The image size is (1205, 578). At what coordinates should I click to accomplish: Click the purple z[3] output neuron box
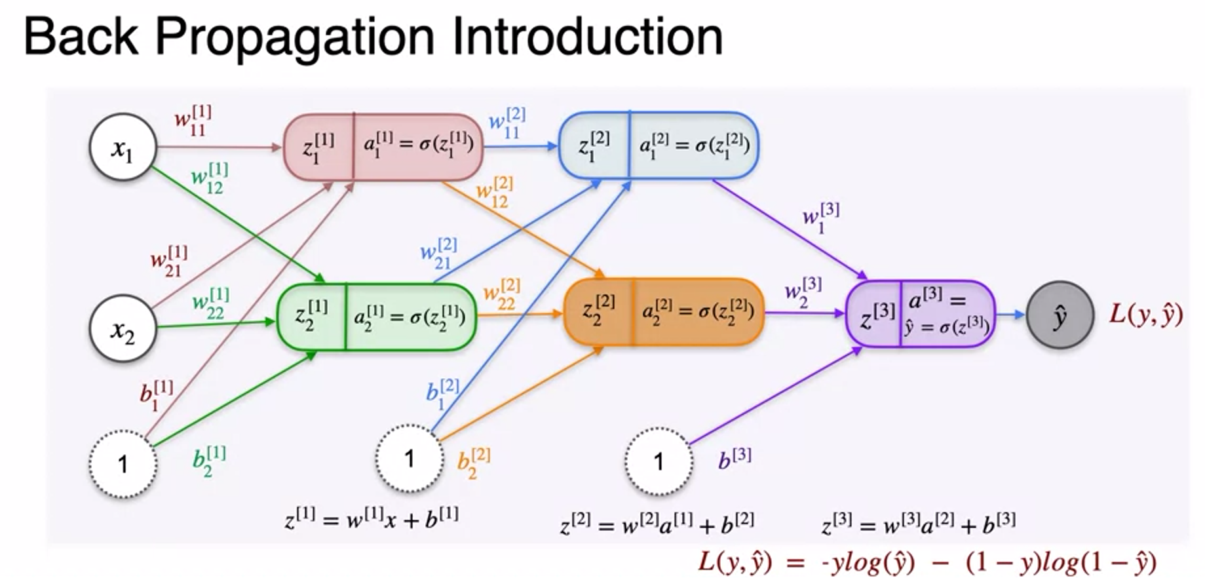pos(920,314)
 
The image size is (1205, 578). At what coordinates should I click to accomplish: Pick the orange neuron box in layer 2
pos(664,312)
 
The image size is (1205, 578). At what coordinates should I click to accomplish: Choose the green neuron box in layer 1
pos(376,317)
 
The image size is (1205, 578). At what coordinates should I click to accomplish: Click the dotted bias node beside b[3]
pos(658,461)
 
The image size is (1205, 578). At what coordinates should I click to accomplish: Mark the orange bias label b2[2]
pos(473,463)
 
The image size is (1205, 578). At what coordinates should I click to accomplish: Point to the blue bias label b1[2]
pos(442,393)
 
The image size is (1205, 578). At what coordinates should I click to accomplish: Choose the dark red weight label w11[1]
pos(193,121)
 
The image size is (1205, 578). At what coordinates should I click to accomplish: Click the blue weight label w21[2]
pos(438,254)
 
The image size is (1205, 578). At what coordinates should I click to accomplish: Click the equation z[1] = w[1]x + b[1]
pos(372,518)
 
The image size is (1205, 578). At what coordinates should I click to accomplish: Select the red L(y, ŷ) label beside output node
pos(1145,315)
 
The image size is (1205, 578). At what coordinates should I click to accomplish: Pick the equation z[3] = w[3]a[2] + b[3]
pos(918,524)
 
